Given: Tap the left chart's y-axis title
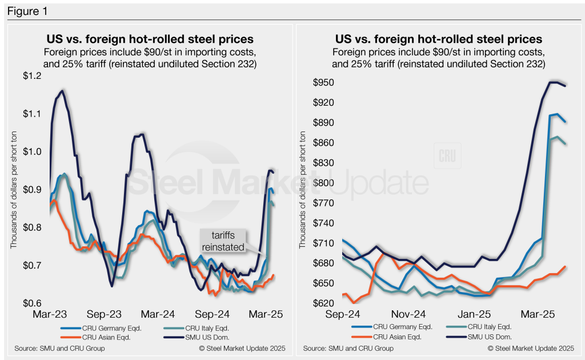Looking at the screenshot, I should (x=14, y=189).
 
